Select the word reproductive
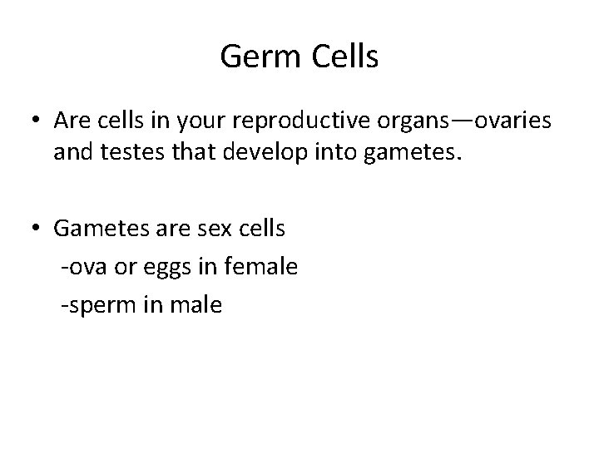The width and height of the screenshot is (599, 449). (299, 122)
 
